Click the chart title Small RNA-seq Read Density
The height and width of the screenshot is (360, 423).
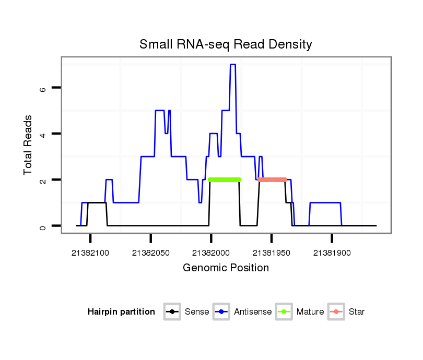pos(226,44)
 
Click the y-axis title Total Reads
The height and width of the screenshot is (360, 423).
pos(29,145)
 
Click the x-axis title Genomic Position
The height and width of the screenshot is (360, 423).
pos(226,268)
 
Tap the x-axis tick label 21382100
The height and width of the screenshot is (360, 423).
pos(90,253)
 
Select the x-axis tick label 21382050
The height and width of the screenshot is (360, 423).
pos(151,253)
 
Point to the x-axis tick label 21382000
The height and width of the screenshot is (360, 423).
pos(211,253)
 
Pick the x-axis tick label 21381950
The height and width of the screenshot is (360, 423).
pos(272,253)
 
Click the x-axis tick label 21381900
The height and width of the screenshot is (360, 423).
pos(332,253)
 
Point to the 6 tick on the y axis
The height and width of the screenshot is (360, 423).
pos(43,88)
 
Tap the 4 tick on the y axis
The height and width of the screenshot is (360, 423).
pos(43,134)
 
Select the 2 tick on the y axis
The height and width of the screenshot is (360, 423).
pos(43,180)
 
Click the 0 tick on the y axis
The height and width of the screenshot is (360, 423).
pos(43,226)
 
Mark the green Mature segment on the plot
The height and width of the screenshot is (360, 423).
pos(225,179)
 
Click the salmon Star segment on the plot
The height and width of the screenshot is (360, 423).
pos(272,179)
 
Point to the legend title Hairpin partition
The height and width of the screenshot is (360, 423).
pos(121,312)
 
